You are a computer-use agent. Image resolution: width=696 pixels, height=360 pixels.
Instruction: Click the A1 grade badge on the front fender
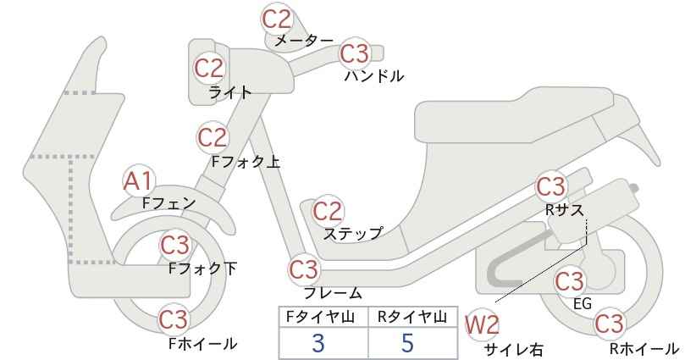point(139,182)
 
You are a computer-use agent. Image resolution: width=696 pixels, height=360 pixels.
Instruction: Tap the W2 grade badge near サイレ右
point(482,326)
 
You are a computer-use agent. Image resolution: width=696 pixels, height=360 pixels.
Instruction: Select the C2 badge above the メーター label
point(277,19)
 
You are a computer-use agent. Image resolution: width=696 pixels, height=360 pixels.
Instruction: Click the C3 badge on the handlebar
point(354,53)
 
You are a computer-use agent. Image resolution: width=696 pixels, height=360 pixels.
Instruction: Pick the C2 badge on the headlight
point(210,68)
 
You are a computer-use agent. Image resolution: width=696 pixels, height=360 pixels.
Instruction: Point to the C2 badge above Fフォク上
point(213,137)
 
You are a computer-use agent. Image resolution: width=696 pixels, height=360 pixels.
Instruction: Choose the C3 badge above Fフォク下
point(175,245)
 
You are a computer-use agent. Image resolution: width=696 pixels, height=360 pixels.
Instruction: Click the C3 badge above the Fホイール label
point(174,319)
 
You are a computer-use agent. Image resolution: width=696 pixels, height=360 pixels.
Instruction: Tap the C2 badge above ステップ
point(328,211)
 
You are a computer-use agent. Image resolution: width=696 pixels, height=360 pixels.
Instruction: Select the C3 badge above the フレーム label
point(304,269)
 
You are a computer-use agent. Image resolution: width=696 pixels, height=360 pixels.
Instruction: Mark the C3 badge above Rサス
point(550,187)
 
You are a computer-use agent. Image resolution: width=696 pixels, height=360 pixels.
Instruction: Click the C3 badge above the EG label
point(570,281)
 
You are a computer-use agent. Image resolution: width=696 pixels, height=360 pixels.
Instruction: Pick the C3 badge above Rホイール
point(609,324)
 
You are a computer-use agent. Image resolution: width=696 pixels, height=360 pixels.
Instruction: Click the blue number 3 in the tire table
point(318,343)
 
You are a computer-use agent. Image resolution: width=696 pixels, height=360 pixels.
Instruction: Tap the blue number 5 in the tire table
point(407,343)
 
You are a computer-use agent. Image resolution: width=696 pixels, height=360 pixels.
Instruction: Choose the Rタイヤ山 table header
point(412,317)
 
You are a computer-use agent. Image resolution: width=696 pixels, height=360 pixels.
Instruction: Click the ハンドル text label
point(374,76)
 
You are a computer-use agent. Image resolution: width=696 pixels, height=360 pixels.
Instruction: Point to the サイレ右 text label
point(514,350)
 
